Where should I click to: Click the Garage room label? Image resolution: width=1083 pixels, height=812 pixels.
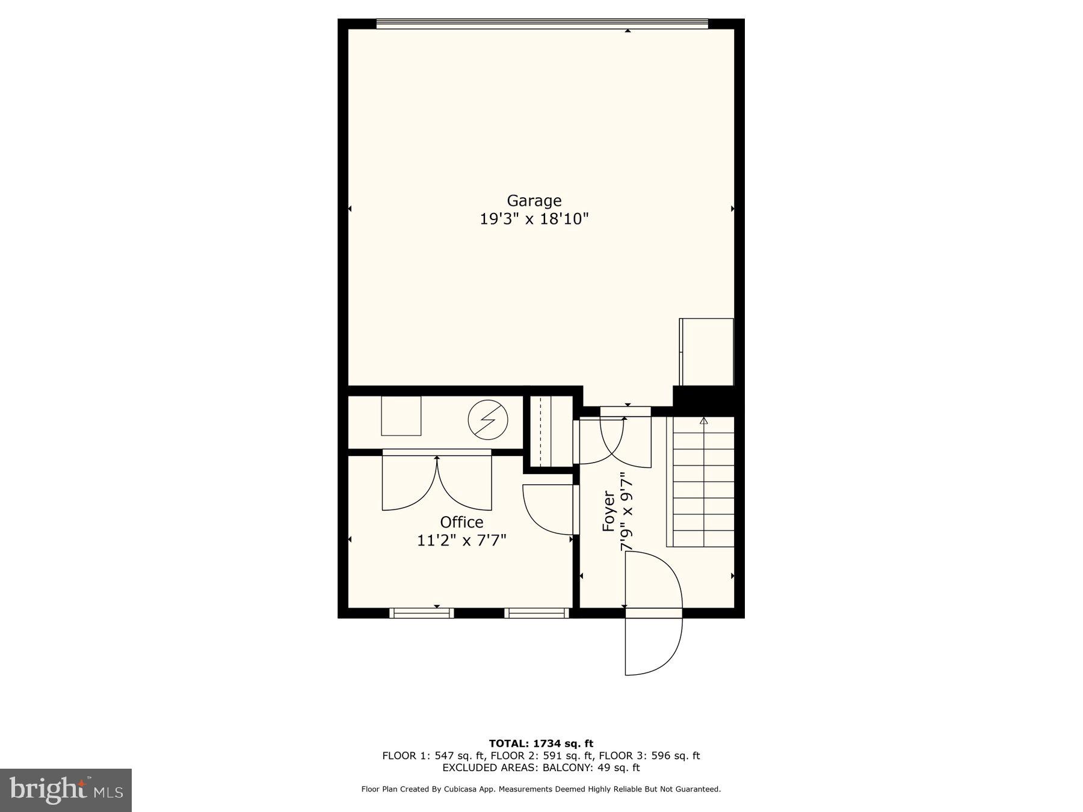[534, 200]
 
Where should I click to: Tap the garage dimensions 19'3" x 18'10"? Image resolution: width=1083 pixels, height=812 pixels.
[534, 219]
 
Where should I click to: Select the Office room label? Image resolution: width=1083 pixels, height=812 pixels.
[461, 522]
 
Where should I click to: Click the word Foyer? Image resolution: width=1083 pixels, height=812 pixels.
[609, 511]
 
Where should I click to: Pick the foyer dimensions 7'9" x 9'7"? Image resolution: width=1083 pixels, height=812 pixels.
[627, 511]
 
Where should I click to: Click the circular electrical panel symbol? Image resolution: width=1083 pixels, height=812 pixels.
[488, 419]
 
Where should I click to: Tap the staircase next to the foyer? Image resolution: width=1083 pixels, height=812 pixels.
[703, 481]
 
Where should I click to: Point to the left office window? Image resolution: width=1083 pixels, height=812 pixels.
[421, 613]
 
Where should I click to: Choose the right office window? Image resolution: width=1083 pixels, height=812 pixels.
[536, 613]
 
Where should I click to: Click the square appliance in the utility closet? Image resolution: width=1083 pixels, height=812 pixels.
[401, 416]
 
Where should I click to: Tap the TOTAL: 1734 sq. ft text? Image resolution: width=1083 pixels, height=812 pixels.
[541, 743]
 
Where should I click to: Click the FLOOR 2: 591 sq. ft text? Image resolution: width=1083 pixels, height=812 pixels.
[541, 756]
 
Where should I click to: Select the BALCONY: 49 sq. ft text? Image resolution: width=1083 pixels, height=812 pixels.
[591, 768]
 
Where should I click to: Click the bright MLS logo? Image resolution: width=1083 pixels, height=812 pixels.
[66, 790]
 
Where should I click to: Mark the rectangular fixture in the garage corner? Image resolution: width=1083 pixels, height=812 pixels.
[706, 352]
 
